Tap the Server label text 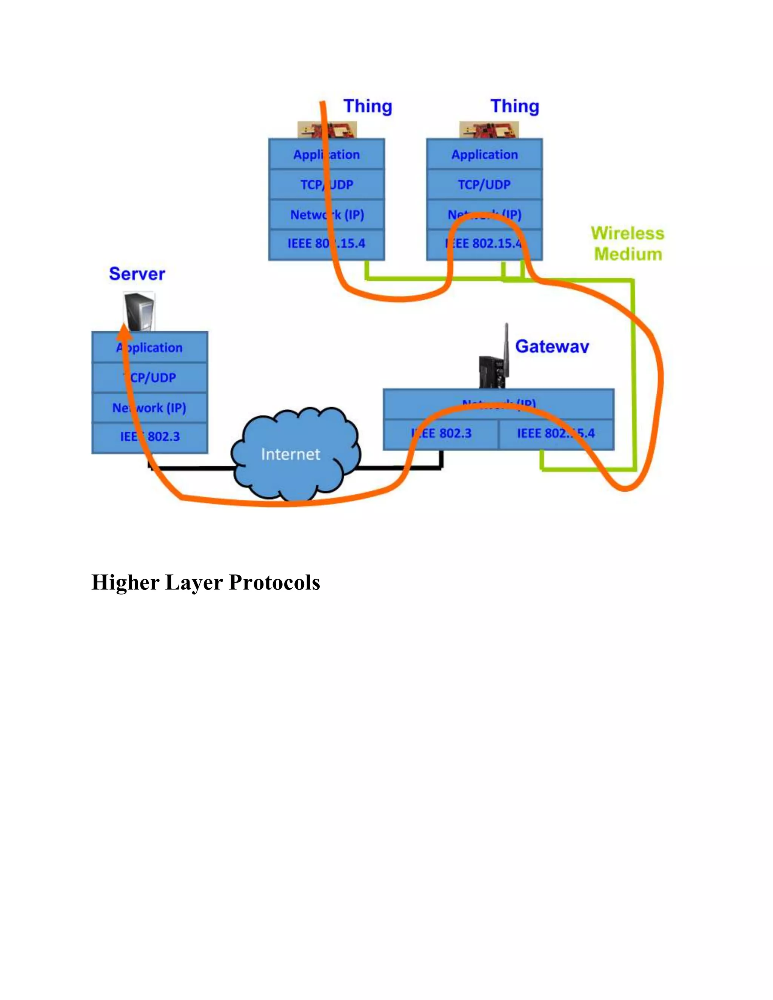pyautogui.click(x=137, y=274)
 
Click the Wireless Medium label pyautogui.click(x=627, y=244)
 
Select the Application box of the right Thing pyautogui.click(x=485, y=155)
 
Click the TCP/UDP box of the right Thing pyautogui.click(x=485, y=185)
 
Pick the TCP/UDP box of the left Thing pyautogui.click(x=326, y=185)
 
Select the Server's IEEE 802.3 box pyautogui.click(x=150, y=437)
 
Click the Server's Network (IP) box pyautogui.click(x=150, y=408)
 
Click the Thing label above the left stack pyautogui.click(x=368, y=106)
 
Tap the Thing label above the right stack pyautogui.click(x=515, y=106)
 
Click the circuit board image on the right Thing pyautogui.click(x=489, y=129)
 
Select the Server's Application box pyautogui.click(x=150, y=348)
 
